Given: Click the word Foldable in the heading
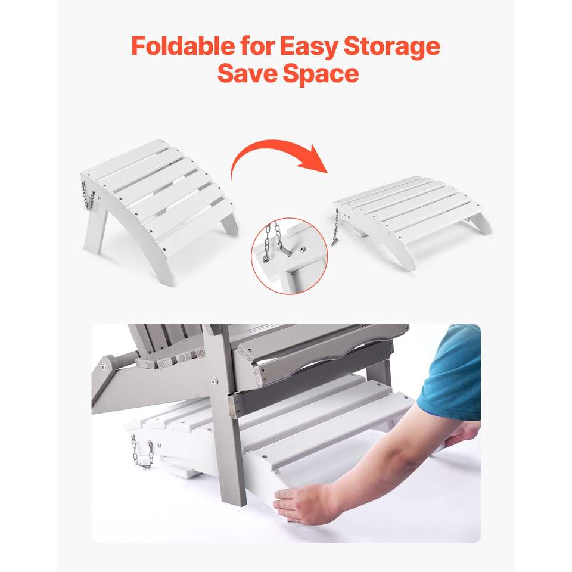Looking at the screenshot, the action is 183,46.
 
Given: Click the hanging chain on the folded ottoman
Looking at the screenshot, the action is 335,226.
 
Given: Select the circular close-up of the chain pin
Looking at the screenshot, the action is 290,256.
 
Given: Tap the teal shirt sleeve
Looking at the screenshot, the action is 453,372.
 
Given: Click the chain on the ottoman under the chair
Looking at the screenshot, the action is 142,452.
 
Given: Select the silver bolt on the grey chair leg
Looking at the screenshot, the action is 214,382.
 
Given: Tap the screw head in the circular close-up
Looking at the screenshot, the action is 303,250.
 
